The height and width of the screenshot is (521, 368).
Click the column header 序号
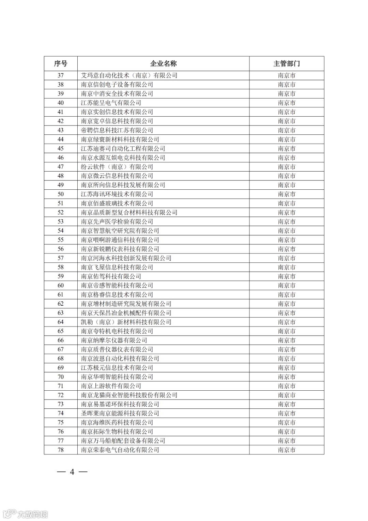coord(61,64)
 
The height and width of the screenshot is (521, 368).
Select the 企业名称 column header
coord(163,64)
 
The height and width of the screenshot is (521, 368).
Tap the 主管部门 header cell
coord(286,64)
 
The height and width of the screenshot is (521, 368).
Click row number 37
coord(61,75)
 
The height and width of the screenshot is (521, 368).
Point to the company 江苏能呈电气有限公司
coord(111,103)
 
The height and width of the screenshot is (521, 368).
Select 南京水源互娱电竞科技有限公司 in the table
coord(123,158)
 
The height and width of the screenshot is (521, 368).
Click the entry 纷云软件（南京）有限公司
coord(117,167)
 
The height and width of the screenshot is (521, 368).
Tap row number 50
coord(61,194)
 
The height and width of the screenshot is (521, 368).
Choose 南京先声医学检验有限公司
coord(117,221)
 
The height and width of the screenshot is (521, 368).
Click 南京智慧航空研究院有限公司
coord(120,231)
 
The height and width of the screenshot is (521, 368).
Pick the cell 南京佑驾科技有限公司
coord(111,276)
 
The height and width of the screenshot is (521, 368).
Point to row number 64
coord(61,322)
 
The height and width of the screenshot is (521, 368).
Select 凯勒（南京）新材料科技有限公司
coord(126,322)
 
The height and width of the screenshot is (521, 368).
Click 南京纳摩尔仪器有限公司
coord(114,340)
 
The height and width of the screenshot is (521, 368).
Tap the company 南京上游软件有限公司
coord(111,386)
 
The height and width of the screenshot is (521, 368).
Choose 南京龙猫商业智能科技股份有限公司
coord(129,395)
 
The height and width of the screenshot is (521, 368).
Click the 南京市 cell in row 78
coord(286,450)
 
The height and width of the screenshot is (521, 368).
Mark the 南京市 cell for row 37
coord(286,75)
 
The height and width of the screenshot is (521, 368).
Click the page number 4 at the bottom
coord(72,472)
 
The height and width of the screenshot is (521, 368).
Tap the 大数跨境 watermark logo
coord(25,513)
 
